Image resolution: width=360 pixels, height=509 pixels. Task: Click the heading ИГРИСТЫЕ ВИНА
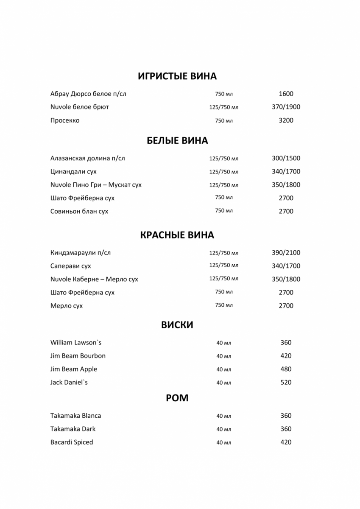tap(177, 76)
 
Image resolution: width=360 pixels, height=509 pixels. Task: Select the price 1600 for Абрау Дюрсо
tap(286, 94)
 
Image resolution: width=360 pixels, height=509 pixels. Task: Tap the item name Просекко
tap(65, 120)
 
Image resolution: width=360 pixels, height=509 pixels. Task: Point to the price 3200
tap(286, 120)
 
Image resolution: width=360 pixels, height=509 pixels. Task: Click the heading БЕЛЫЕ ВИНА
tap(177, 141)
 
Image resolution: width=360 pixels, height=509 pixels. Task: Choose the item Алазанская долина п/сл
tap(87, 158)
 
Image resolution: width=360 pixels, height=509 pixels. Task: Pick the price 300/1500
tap(286, 158)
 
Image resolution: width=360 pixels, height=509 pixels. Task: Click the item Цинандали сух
tap(73, 172)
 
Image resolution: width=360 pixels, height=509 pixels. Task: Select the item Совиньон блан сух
tap(79, 211)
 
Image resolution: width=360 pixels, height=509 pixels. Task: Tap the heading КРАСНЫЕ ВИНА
tap(177, 235)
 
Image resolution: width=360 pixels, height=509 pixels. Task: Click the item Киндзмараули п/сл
tap(81, 253)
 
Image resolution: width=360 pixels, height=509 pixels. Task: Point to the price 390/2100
tap(286, 253)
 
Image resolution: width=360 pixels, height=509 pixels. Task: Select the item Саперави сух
tap(71, 266)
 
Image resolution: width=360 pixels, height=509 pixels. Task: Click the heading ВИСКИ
tap(177, 325)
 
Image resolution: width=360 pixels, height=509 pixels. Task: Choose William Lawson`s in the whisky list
tap(76, 343)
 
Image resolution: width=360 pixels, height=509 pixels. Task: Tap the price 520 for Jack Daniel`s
tap(286, 383)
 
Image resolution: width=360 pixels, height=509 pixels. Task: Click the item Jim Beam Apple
tap(74, 369)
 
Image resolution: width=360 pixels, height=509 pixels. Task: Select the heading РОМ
tap(177, 398)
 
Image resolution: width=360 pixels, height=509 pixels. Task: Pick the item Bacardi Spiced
tap(72, 442)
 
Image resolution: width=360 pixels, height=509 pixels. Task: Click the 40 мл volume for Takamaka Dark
tap(224, 429)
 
